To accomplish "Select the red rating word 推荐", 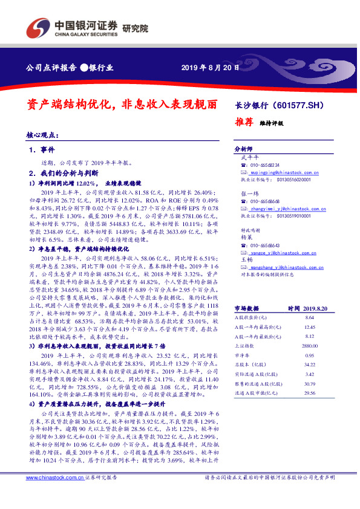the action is pos(244,121).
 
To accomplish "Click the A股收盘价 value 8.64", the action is pos(310,317).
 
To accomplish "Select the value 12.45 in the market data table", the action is pos(310,327).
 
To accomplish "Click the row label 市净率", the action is pos(243,356).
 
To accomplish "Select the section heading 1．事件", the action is pos(42,149).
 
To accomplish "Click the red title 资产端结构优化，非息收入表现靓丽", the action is pos(123,103).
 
